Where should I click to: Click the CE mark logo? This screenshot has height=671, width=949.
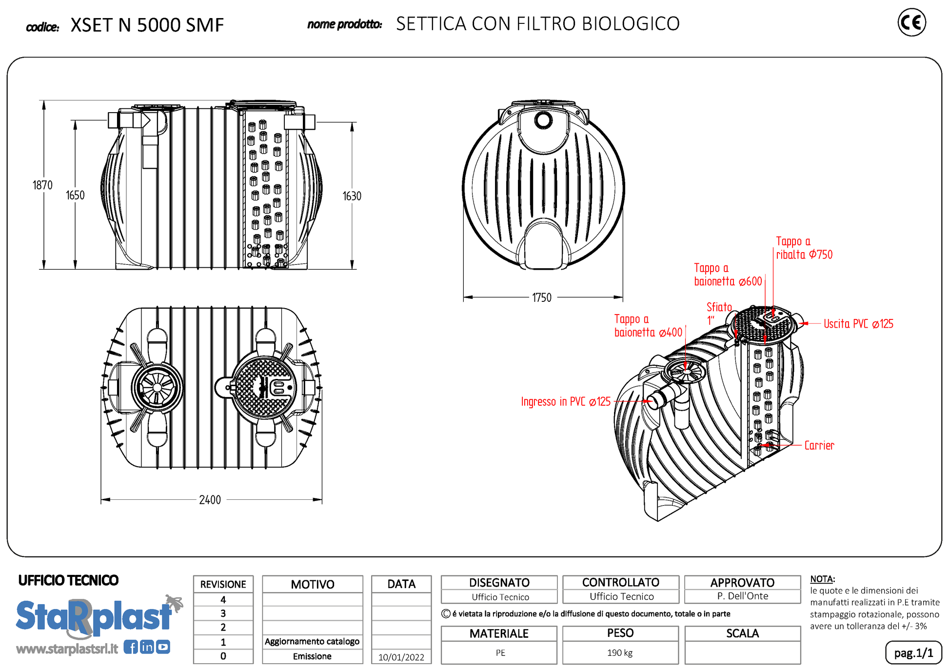[x=911, y=22]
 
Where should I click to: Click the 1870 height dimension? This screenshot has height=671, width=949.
[x=42, y=185]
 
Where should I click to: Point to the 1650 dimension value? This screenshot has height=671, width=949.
[x=75, y=196]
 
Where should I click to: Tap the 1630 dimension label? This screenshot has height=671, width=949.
[x=352, y=196]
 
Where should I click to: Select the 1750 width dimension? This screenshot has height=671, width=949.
[x=541, y=297]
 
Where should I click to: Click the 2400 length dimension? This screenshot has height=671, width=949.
[x=210, y=500]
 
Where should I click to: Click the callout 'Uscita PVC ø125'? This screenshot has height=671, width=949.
[x=858, y=324]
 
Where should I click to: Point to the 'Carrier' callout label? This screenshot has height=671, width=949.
[x=819, y=445]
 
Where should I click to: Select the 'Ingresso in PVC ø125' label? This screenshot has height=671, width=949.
[x=566, y=402]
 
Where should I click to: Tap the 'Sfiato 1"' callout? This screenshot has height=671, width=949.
[x=719, y=314]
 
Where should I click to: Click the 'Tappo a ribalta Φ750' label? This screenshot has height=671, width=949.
[x=804, y=248]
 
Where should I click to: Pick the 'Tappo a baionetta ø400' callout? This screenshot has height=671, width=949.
[x=648, y=326]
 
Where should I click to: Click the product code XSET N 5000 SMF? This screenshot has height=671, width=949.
[x=147, y=25]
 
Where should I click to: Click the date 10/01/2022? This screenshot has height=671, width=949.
[x=401, y=657]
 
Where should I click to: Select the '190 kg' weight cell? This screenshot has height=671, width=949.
[x=620, y=653]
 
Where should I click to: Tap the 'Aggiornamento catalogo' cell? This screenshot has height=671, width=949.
[x=312, y=641]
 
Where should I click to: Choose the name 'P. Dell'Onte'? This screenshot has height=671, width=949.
[x=742, y=596]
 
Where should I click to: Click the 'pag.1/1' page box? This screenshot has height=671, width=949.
[x=913, y=653]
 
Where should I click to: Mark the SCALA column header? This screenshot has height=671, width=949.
[x=742, y=633]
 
